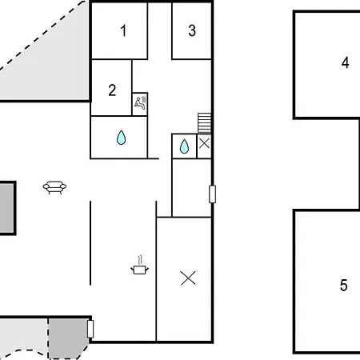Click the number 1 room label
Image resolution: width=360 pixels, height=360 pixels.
(123, 30)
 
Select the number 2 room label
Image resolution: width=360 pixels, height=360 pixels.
(112, 90)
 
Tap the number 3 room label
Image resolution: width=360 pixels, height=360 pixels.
(192, 30)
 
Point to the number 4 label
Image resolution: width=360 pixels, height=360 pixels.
(346, 63)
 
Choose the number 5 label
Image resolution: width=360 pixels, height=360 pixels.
(344, 285)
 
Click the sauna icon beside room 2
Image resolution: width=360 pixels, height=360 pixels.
(140, 103)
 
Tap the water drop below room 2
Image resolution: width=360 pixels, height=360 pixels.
(121, 138)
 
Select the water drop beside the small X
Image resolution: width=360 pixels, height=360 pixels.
(184, 146)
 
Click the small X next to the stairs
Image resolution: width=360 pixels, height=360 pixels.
(204, 143)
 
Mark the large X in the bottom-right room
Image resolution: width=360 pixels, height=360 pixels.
(188, 278)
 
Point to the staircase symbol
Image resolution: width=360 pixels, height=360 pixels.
(205, 123)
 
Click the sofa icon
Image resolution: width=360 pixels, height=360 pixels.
(54, 187)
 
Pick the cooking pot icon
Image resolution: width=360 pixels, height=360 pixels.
(139, 270)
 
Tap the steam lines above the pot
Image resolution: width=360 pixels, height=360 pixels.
(140, 259)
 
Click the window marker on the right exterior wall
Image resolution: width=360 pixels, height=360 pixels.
(212, 194)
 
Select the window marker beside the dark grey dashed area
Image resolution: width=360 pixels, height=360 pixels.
(90, 329)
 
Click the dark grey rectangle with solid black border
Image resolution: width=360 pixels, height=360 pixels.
(7, 208)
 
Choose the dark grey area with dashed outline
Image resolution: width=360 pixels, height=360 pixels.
(67, 338)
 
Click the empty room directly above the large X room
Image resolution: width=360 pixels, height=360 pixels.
(192, 188)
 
